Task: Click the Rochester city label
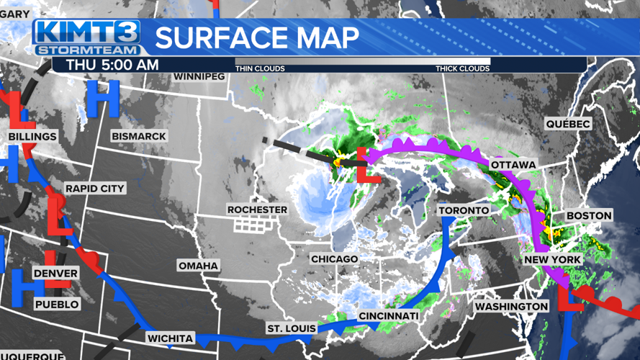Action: pos(257,210)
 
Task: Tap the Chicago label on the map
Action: pos(334,258)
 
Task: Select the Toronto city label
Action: pos(464,210)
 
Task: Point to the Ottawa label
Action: pos(513,165)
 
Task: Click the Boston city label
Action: pos(588,215)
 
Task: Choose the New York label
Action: pos(552,259)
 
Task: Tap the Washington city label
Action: pos(511,307)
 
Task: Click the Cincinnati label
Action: pos(388,316)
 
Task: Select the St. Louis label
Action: pos(291,329)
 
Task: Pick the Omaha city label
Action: pos(198,266)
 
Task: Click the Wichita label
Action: pos(170,338)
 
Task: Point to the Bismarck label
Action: pos(139,136)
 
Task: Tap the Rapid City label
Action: pos(95,189)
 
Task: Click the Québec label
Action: pos(567,124)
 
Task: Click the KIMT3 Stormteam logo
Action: pos(87,37)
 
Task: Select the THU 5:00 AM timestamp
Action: pos(112,65)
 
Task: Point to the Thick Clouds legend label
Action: pos(462,68)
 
